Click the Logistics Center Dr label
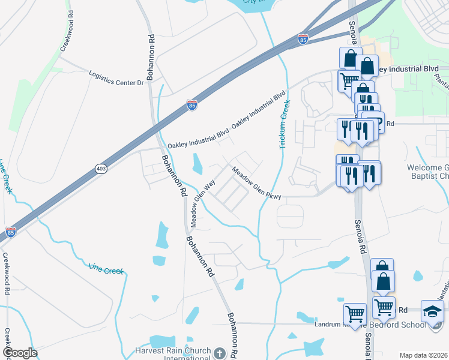(x=116, y=78)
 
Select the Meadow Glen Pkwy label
(x=257, y=183)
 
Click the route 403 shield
(x=101, y=170)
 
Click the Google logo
(x=20, y=353)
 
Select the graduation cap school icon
(x=432, y=311)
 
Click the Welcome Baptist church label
(x=427, y=172)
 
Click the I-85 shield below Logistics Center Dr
(x=192, y=105)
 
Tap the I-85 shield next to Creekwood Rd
(x=10, y=232)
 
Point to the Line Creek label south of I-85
(x=106, y=268)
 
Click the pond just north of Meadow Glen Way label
(x=197, y=162)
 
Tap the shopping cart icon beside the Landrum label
(x=355, y=313)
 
